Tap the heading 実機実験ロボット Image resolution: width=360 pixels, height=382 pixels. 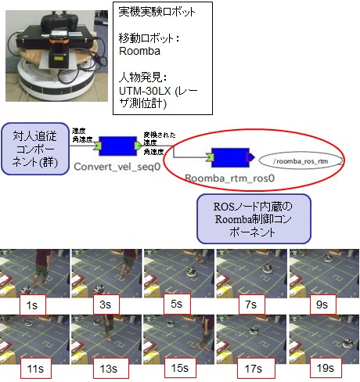[x=157, y=12]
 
